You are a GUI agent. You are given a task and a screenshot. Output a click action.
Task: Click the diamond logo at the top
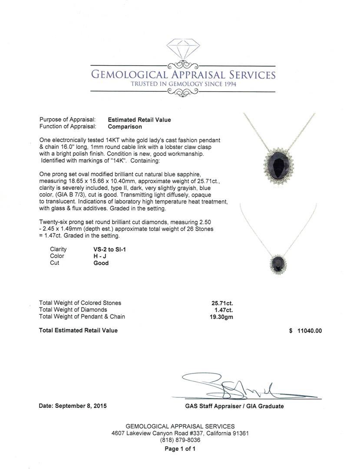[183, 51]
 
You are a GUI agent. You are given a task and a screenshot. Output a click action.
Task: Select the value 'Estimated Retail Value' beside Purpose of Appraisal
[139, 120]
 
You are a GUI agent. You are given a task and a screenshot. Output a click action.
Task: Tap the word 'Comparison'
[125, 127]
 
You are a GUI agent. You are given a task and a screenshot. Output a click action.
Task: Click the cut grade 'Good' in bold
[101, 263]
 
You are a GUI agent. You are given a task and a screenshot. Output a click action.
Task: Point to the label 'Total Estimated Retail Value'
[78, 330]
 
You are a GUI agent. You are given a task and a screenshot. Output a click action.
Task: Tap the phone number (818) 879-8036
[180, 440]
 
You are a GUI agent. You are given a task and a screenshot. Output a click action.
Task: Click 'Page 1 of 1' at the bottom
[180, 449]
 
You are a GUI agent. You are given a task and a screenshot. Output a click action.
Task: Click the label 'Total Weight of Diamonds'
[73, 310]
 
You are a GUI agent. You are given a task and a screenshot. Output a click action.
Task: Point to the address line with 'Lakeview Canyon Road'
[180, 433]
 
